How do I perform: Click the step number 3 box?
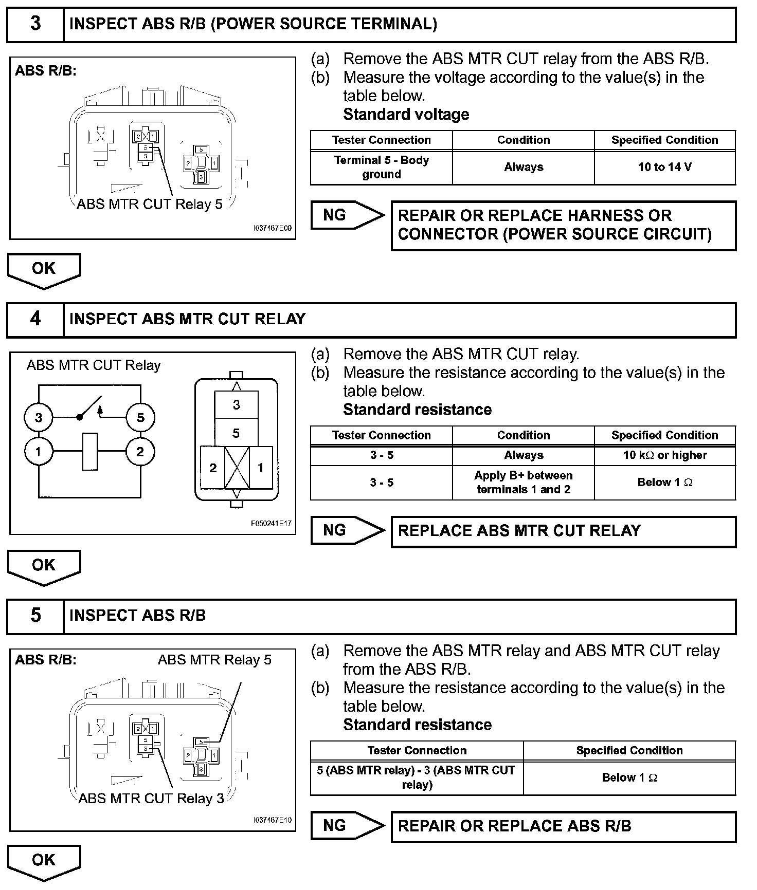pos(35,24)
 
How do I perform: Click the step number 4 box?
pos(35,319)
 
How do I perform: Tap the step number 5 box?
pos(35,616)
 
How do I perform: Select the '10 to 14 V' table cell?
pos(664,168)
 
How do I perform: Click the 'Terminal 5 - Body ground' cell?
pos(381,168)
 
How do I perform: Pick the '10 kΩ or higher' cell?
pos(664,455)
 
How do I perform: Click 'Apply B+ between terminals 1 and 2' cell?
pos(523,483)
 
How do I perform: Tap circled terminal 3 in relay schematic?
pos(39,417)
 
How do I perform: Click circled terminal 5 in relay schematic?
pos(140,417)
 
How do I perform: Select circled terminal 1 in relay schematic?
pos(39,452)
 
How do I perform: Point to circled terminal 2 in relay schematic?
pos(140,452)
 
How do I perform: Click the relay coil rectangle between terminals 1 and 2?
pos(90,452)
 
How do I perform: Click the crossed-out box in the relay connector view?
pos(237,467)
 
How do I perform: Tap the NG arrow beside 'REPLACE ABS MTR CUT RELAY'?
pos(347,531)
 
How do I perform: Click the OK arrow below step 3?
pos(44,270)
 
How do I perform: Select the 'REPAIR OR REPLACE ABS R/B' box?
pos(563,826)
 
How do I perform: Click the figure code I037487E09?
pos(272,228)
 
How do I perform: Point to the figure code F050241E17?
pos(271,524)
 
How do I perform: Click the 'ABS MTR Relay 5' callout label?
pos(214,660)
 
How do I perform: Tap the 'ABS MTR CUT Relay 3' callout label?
pos(151,799)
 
